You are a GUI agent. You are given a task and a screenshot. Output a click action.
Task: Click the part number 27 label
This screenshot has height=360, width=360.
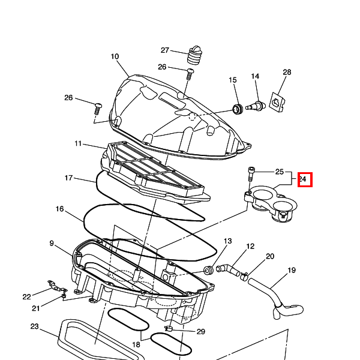tap(165, 50)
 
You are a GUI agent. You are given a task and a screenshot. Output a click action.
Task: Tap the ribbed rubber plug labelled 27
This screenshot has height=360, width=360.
tap(196, 55)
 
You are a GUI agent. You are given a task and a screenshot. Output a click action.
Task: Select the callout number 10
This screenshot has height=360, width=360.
tap(115, 56)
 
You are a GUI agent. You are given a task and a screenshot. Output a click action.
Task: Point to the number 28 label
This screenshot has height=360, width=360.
tap(287, 72)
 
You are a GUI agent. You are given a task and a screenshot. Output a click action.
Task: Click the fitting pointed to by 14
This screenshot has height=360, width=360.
tap(256, 106)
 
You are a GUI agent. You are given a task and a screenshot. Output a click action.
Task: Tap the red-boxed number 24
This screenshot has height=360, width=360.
tap(303, 179)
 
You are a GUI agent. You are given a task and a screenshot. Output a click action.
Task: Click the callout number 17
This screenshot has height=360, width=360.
tap(68, 178)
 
